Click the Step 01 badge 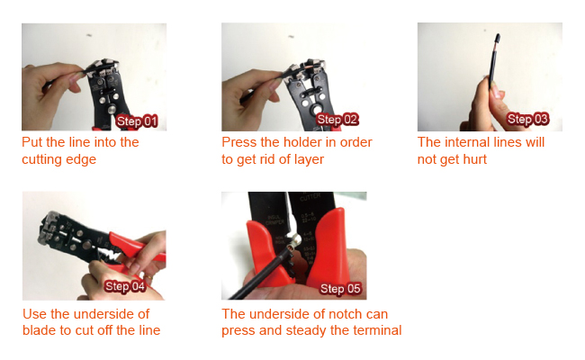[138, 121]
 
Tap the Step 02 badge [337, 120]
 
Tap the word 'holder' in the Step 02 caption [298, 142]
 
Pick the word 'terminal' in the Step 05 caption [377, 330]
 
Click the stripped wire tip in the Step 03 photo [498, 40]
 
